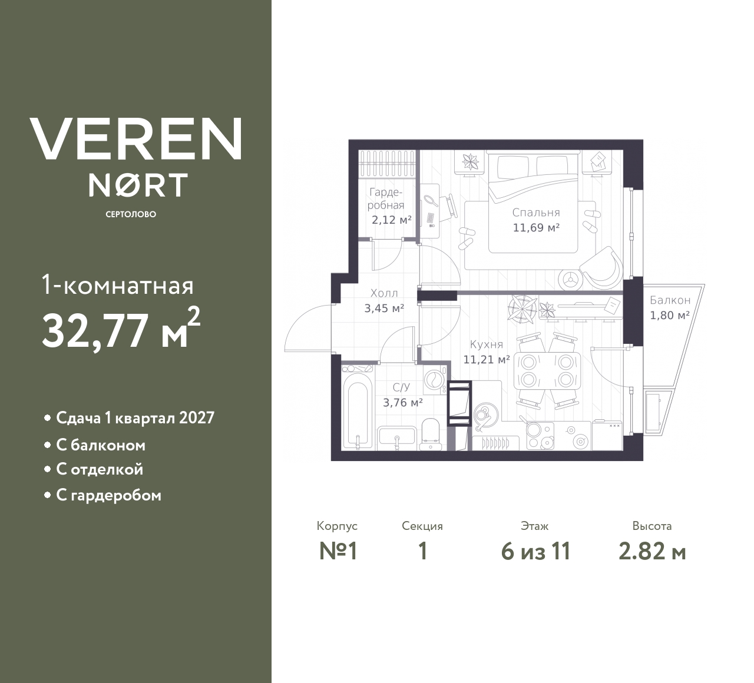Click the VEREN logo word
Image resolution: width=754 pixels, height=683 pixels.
pos(135,138)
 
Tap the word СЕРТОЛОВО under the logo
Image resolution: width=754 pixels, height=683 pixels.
pos(131,214)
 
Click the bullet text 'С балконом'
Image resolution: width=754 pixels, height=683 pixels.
pos(101,446)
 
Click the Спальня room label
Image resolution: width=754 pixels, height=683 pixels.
pos(536,213)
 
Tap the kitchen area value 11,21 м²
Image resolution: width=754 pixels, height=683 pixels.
pos(487,360)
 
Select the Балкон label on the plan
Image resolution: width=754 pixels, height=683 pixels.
pos(670,300)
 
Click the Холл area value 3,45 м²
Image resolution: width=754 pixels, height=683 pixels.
pos(383,309)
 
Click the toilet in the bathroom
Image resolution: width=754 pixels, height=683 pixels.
pos(431,435)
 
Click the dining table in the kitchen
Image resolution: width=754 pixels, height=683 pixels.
pos(547,371)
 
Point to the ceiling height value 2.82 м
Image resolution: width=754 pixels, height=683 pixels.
pos(652,552)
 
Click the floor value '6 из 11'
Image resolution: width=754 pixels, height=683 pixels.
pos(535,552)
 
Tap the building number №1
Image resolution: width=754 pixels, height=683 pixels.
pos(338,552)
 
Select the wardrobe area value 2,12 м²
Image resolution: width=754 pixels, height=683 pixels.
pos(392,220)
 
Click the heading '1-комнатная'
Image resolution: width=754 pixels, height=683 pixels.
pos(118,286)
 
